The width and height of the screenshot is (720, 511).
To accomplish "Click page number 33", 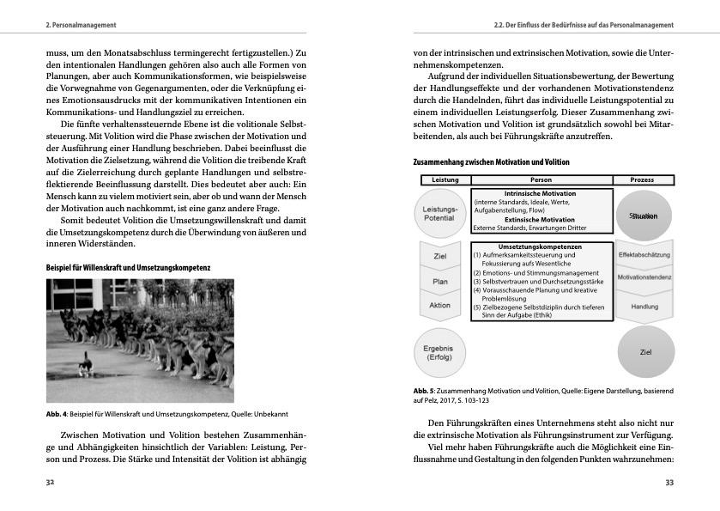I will pos(669,483).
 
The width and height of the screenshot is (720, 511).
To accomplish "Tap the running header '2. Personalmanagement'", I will pos(81,25).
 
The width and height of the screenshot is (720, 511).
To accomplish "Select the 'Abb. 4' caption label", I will pos(57,415).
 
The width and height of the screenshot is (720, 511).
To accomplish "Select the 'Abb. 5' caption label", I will pos(425,392).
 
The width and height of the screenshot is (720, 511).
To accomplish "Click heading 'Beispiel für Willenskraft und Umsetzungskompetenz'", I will pos(128,268).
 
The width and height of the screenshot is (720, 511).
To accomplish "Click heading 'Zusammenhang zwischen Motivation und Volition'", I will pos(491,162).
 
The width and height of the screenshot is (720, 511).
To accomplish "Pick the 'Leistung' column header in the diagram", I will pos(445,179).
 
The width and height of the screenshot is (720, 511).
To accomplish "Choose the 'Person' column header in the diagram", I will pos(542,179).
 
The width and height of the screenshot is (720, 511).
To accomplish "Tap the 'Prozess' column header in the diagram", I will pos(642,179).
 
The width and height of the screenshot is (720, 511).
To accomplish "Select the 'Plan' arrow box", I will pos(439,281).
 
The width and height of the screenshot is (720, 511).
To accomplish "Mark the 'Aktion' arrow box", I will pos(439,306).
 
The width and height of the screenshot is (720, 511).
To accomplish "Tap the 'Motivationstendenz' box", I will pos(644,277).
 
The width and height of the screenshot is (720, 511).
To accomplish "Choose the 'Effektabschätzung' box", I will pos(644,254).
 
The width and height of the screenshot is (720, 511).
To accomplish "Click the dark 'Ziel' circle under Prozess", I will pos(645,352).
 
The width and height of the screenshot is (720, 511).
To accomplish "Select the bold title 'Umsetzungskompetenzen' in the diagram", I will pos(541,246).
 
